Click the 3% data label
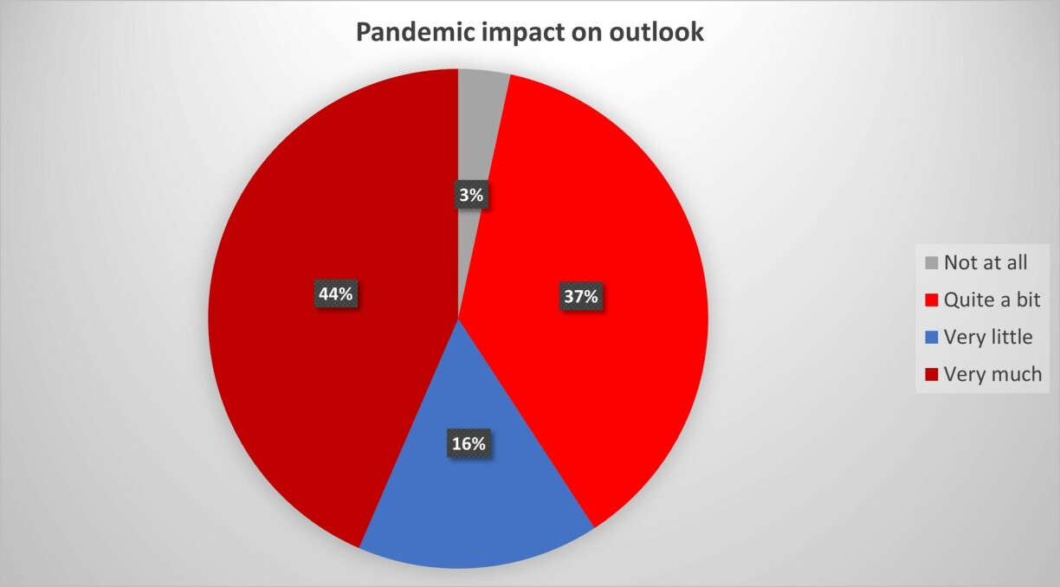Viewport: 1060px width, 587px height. click(x=471, y=195)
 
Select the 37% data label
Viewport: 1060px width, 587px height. click(x=580, y=297)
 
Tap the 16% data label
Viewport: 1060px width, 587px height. click(x=469, y=443)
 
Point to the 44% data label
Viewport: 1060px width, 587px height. click(x=335, y=293)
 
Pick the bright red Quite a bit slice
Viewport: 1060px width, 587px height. click(x=591, y=284)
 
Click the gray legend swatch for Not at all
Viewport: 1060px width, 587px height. click(x=931, y=263)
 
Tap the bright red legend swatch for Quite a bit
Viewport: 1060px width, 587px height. click(x=931, y=300)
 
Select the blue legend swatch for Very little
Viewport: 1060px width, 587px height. click(x=931, y=338)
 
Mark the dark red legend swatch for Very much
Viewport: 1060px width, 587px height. click(x=931, y=375)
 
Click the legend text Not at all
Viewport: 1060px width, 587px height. click(x=986, y=262)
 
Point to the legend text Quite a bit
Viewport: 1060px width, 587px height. click(x=992, y=300)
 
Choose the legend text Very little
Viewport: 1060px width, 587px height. click(x=988, y=337)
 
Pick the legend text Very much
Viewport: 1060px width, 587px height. click(x=992, y=374)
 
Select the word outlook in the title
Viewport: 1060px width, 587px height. click(x=656, y=32)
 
